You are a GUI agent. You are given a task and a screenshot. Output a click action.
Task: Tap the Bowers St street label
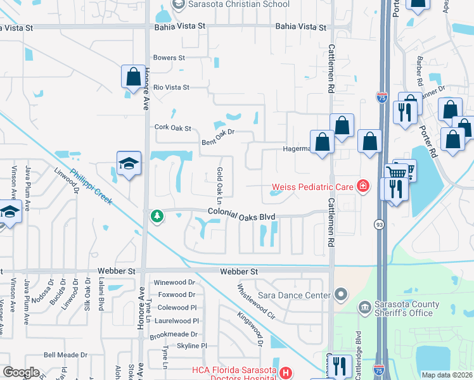(169, 58)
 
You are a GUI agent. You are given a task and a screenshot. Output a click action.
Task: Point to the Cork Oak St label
(173, 128)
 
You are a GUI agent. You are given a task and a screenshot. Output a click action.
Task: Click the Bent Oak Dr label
(218, 136)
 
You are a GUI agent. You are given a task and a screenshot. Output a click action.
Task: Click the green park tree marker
(157, 217)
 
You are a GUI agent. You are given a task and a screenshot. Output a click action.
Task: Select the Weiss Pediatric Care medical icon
(362, 186)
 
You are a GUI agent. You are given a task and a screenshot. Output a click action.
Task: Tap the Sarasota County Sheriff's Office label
(403, 308)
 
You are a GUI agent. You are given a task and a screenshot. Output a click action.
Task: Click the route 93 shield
(378, 224)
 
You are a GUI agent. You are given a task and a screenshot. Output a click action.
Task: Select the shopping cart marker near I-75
(397, 172)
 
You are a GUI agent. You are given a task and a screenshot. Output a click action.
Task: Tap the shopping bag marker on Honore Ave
(134, 77)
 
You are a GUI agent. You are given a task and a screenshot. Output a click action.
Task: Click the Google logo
(22, 372)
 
